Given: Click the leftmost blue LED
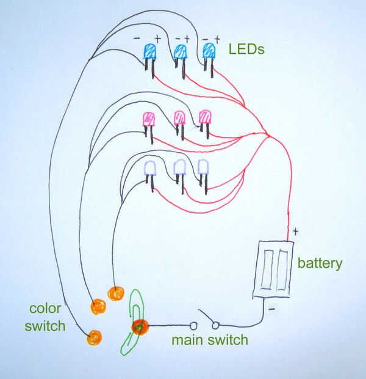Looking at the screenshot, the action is [150, 61].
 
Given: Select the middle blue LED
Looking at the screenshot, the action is [181, 61].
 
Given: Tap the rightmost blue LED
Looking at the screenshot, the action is [209, 60].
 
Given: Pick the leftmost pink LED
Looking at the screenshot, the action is [149, 128].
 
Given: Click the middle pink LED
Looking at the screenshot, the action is [180, 125].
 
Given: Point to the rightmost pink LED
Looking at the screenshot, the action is [205, 124].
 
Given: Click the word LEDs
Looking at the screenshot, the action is [246, 49].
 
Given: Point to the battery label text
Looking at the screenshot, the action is [320, 263].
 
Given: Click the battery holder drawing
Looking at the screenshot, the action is [273, 269].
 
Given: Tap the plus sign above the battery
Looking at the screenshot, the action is [296, 232].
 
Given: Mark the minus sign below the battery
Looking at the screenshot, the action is [271, 309].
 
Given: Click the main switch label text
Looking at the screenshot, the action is [210, 340].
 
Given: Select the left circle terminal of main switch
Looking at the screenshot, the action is [193, 326].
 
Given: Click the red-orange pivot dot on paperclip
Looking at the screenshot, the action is [140, 327].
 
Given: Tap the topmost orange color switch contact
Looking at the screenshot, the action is [116, 293].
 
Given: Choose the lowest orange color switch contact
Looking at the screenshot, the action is [94, 337].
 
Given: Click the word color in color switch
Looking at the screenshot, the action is [45, 309].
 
